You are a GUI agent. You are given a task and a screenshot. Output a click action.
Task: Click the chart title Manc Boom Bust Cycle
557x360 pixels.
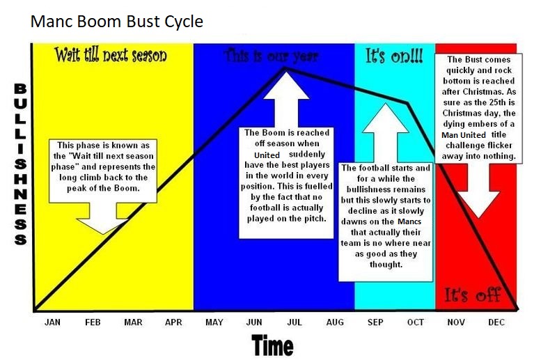(x=117, y=22)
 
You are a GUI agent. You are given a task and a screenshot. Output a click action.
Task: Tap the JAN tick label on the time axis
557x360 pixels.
(x=53, y=322)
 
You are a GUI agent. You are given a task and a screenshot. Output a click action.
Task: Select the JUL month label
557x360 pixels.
(x=294, y=322)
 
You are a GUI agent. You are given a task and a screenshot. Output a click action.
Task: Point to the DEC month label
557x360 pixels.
(x=496, y=322)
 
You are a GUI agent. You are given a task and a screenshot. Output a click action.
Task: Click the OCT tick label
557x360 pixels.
(x=415, y=322)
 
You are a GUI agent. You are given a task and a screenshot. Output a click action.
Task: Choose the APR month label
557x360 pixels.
(x=173, y=322)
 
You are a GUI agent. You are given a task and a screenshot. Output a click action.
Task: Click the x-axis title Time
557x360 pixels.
(x=272, y=345)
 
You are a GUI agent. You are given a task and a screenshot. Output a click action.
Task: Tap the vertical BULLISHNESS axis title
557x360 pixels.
(x=21, y=164)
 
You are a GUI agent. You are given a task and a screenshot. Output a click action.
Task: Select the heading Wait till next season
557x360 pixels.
(x=111, y=55)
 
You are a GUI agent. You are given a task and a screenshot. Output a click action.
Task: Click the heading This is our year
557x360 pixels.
(x=271, y=56)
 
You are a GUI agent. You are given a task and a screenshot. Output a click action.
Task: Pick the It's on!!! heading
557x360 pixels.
(x=394, y=56)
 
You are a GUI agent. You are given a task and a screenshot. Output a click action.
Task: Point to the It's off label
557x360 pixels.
(x=473, y=295)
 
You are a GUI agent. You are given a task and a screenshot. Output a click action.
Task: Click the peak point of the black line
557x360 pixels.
(x=285, y=68)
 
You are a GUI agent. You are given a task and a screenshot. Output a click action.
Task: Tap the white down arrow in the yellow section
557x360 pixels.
(x=103, y=218)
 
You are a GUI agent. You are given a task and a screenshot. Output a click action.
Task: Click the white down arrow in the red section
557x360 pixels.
(x=478, y=191)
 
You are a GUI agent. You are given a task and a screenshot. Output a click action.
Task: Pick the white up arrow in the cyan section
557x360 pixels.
(x=386, y=133)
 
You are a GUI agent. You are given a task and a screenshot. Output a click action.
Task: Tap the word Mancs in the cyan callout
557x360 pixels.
(x=409, y=221)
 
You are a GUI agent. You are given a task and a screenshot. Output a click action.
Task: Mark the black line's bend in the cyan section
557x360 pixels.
(x=407, y=104)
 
